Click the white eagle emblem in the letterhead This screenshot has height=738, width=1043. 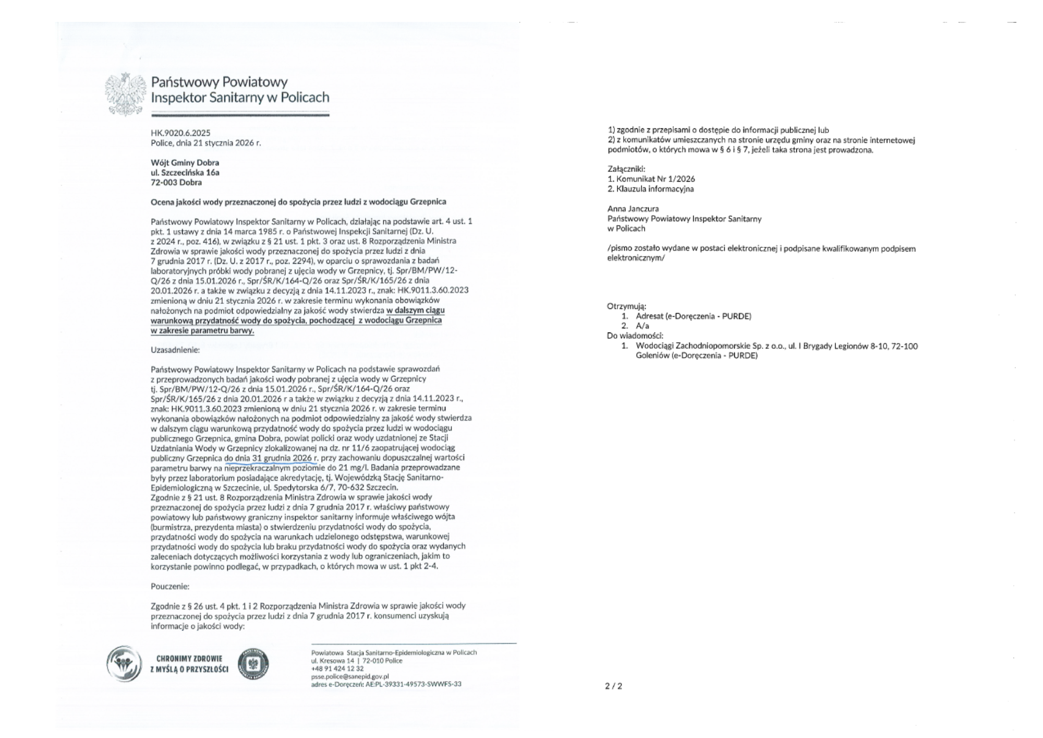coord(126,94)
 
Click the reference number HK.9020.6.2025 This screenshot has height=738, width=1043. coord(180,133)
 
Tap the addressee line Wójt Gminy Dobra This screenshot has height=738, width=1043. coord(185,162)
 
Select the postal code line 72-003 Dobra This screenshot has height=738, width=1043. coord(176,182)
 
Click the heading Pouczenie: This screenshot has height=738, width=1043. coord(169,586)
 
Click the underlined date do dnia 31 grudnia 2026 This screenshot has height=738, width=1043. coord(271,458)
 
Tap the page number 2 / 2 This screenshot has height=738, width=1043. coord(613,686)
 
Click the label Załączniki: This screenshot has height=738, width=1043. coord(626,169)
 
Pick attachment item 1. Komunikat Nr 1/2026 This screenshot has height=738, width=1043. coord(651,179)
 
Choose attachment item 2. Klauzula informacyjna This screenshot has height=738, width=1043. coord(651,189)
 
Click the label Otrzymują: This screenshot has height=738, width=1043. coord(626,306)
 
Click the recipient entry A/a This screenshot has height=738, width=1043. coord(642,326)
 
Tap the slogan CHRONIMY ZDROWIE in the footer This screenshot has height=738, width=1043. coord(189,659)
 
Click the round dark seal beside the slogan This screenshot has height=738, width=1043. coord(253,664)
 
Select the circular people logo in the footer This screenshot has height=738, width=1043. coord(124,664)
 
